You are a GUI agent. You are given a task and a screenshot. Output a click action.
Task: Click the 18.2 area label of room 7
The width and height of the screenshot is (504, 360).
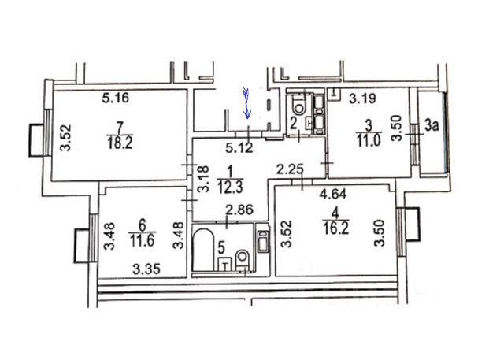pyautogui.click(x=120, y=142)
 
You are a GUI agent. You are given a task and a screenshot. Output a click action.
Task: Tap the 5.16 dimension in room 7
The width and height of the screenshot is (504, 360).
pyautogui.click(x=116, y=98)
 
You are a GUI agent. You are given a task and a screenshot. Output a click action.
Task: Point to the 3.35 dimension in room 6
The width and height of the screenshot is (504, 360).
pyautogui.click(x=146, y=269)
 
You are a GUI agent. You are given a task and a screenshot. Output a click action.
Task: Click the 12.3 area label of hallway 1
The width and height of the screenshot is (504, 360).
pyautogui.click(x=230, y=187)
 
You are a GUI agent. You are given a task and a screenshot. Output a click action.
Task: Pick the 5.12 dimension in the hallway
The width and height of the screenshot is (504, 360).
pyautogui.click(x=239, y=148)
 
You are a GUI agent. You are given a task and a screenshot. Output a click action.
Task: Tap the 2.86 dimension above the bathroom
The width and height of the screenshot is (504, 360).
pyautogui.click(x=239, y=210)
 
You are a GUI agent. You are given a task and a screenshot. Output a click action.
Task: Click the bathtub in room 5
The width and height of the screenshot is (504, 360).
pyautogui.click(x=203, y=250)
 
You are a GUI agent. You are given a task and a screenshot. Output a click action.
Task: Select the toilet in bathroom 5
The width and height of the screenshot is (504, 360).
pyautogui.click(x=242, y=260)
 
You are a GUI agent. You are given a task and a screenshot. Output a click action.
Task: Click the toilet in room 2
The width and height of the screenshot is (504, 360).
pyautogui.click(x=299, y=105)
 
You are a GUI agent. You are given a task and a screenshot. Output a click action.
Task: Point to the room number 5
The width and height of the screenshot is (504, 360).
pyautogui.click(x=221, y=247)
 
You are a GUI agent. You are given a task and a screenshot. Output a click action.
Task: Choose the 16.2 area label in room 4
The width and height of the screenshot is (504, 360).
pyautogui.click(x=335, y=228)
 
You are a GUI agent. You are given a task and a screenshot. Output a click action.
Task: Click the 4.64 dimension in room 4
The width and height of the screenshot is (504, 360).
pyautogui.click(x=333, y=194)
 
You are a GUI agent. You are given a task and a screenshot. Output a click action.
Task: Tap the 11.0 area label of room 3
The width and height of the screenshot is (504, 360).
pyautogui.click(x=369, y=140)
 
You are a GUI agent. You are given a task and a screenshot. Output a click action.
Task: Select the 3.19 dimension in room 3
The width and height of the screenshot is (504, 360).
pyautogui.click(x=362, y=98)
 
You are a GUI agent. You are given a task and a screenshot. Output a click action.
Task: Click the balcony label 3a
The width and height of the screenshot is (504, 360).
pyautogui.click(x=432, y=126)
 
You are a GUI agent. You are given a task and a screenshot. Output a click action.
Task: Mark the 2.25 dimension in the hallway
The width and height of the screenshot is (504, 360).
pyautogui.click(x=291, y=169)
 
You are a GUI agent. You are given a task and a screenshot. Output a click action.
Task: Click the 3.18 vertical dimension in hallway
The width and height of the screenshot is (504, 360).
pyautogui.click(x=203, y=179)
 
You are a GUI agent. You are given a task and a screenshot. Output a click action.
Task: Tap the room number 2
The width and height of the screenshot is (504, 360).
pyautogui.click(x=293, y=124)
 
